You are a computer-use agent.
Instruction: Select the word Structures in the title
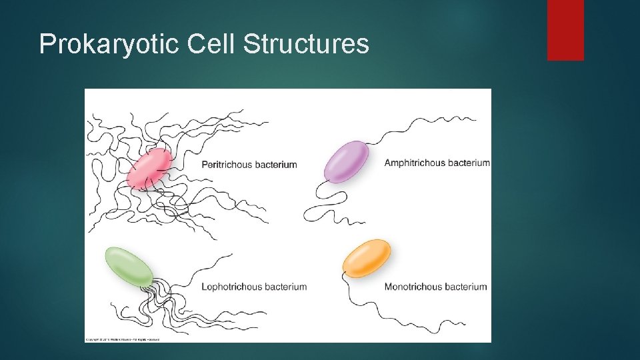(306, 44)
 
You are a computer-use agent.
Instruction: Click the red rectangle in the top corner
(565, 29)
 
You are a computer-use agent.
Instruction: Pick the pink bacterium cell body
(149, 167)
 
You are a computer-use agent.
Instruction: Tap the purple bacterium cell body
(346, 161)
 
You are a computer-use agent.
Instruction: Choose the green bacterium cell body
(129, 265)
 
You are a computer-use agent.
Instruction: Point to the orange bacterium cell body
(367, 257)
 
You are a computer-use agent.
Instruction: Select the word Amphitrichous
(413, 163)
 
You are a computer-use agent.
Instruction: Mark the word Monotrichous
(411, 287)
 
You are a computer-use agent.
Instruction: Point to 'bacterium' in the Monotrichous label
(463, 287)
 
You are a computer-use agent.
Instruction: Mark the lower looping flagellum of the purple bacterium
(327, 203)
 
